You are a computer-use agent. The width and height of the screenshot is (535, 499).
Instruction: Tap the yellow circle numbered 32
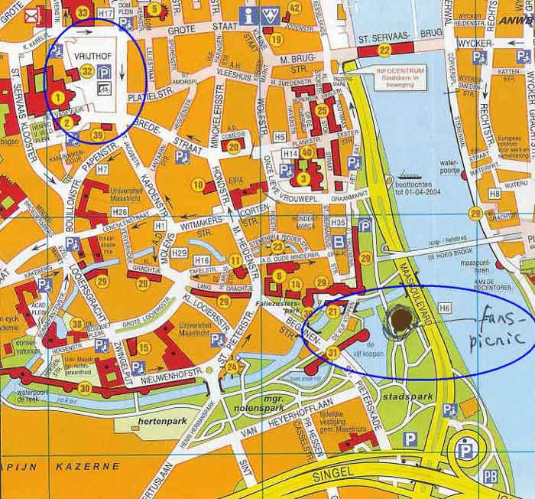87,71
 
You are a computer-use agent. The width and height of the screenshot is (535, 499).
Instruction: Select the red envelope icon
31,15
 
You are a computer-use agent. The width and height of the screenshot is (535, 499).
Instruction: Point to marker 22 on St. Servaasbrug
384,50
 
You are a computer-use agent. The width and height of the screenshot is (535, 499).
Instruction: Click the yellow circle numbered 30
85,388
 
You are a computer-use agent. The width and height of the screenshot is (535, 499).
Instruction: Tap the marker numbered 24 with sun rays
232,368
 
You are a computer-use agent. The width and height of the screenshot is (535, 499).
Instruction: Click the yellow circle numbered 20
235,145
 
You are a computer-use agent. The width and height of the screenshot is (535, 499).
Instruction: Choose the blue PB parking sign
491,477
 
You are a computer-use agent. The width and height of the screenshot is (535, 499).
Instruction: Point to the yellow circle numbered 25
322,110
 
